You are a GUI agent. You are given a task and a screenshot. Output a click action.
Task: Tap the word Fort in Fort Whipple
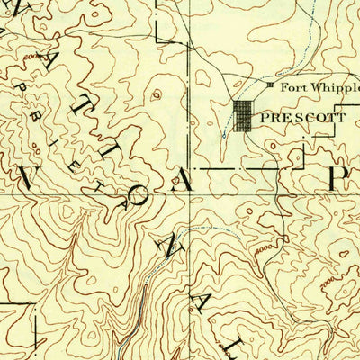(x=290, y=87)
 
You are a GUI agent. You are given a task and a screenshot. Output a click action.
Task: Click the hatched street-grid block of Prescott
(x=244, y=117)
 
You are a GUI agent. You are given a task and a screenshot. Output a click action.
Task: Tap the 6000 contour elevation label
(x=34, y=57)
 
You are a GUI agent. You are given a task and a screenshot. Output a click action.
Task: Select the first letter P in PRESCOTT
(x=264, y=117)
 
